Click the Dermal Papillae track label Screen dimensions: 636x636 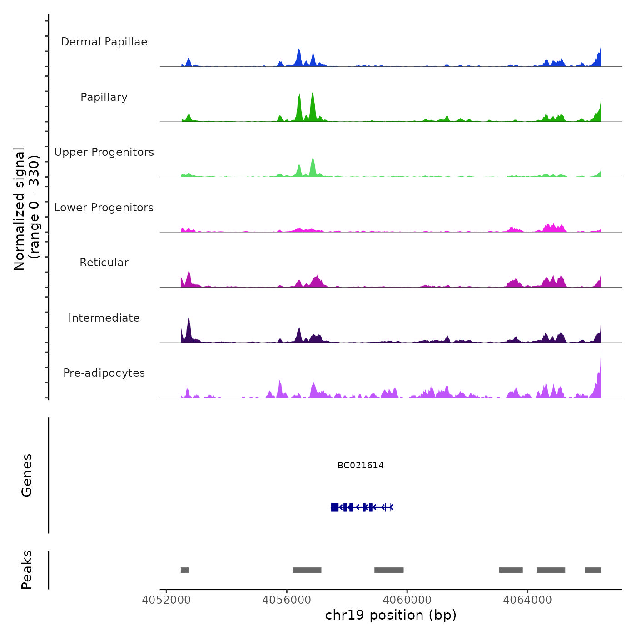point(104,42)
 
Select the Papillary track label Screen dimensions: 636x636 point(104,97)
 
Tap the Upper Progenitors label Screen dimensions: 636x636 point(104,152)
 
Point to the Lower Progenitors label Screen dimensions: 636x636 point(104,208)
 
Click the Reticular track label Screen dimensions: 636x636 point(104,263)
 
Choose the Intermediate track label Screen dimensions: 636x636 point(104,318)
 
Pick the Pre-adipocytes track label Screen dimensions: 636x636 point(104,373)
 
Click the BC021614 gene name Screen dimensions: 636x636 point(361,465)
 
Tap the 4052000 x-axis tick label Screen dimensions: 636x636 point(166,600)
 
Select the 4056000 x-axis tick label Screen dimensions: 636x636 point(287,600)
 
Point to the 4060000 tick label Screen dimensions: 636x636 point(407,600)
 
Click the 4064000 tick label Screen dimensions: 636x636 point(527,600)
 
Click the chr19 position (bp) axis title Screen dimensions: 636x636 point(391,616)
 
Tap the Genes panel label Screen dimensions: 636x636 point(27,475)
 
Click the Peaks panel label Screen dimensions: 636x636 point(27,570)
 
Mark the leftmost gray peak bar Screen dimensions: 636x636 point(184,570)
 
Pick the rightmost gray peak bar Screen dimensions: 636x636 point(593,570)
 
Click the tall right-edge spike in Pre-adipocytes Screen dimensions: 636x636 point(600,373)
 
